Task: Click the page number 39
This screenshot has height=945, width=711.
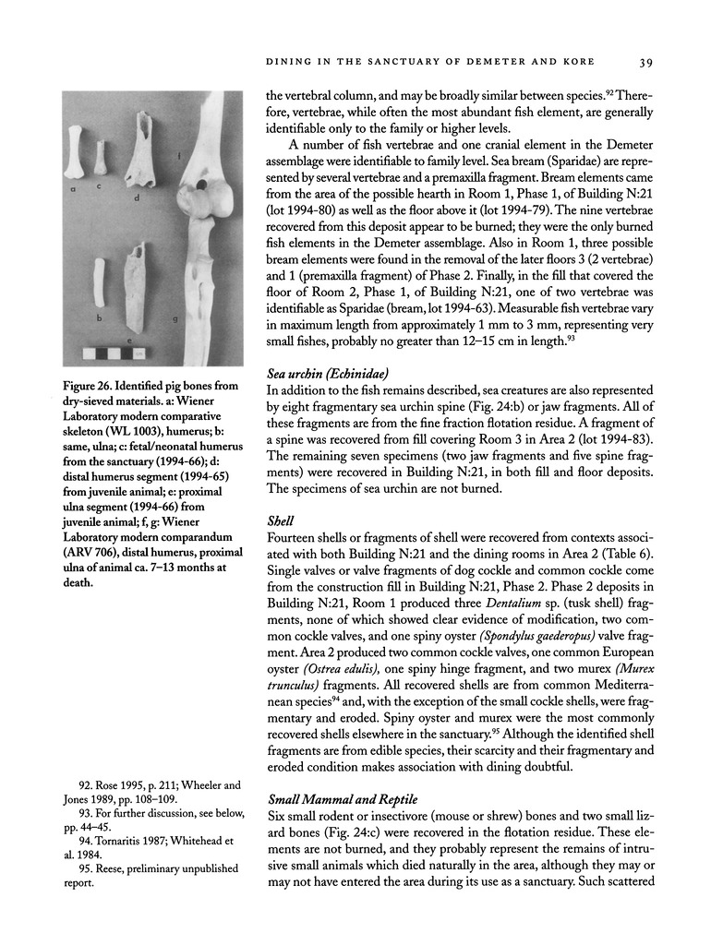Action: click(x=645, y=63)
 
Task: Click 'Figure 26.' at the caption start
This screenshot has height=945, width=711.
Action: click(x=104, y=385)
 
